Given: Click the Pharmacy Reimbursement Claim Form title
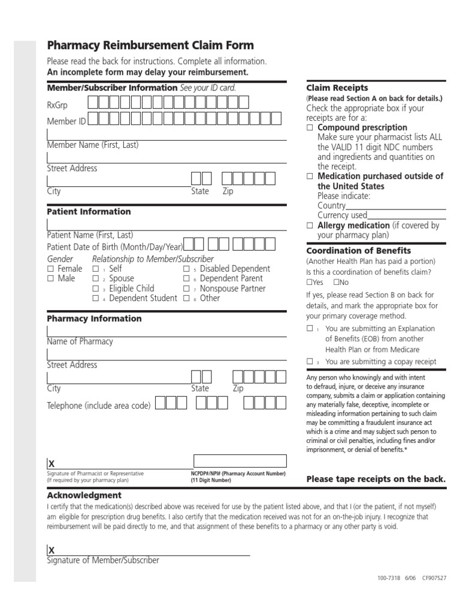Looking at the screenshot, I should pos(150,45).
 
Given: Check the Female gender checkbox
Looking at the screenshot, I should pos(50,269).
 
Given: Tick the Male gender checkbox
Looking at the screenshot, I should pos(50,279).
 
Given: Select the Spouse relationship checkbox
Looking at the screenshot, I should pos(95,279).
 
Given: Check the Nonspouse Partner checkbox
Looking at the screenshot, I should pos(186,289).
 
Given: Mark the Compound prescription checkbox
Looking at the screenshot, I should pos(310,128).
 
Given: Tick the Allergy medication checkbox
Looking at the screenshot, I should pos(310,226).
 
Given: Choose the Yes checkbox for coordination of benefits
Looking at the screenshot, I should pos(309,283).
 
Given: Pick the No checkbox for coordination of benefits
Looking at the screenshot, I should pos(337,283).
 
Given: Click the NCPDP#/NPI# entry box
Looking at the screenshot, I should pos(240,460).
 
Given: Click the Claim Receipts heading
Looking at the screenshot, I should pos(337,88).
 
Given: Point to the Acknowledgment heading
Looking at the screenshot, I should pos(84,495).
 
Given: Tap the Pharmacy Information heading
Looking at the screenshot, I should pos(94,318).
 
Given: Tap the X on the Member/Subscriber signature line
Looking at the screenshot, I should pos(52,550).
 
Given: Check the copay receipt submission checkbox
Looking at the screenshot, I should pos(310,362).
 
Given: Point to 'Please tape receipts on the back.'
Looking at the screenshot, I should pos(376,479).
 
